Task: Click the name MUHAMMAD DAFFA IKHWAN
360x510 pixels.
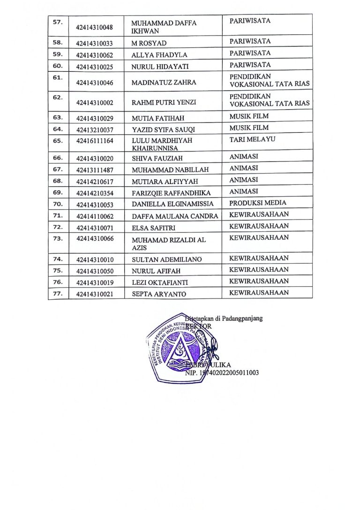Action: tap(164, 27)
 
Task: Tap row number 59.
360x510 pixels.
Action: tap(58, 53)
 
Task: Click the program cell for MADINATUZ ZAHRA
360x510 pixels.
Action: tap(270, 80)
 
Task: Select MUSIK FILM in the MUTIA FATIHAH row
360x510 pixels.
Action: tap(249, 115)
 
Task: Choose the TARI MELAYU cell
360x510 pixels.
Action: tap(252, 139)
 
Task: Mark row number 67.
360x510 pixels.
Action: tap(58, 169)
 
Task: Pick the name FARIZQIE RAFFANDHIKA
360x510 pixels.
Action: tap(171, 193)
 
